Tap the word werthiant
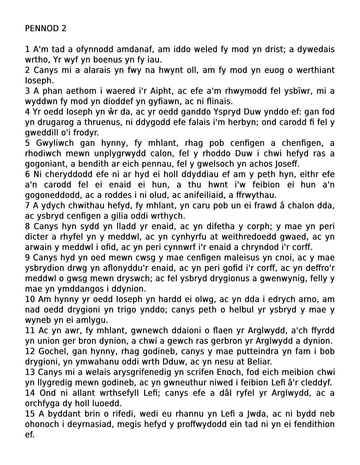pos(315,70)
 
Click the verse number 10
pos(30,299)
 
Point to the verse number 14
pos(30,393)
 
